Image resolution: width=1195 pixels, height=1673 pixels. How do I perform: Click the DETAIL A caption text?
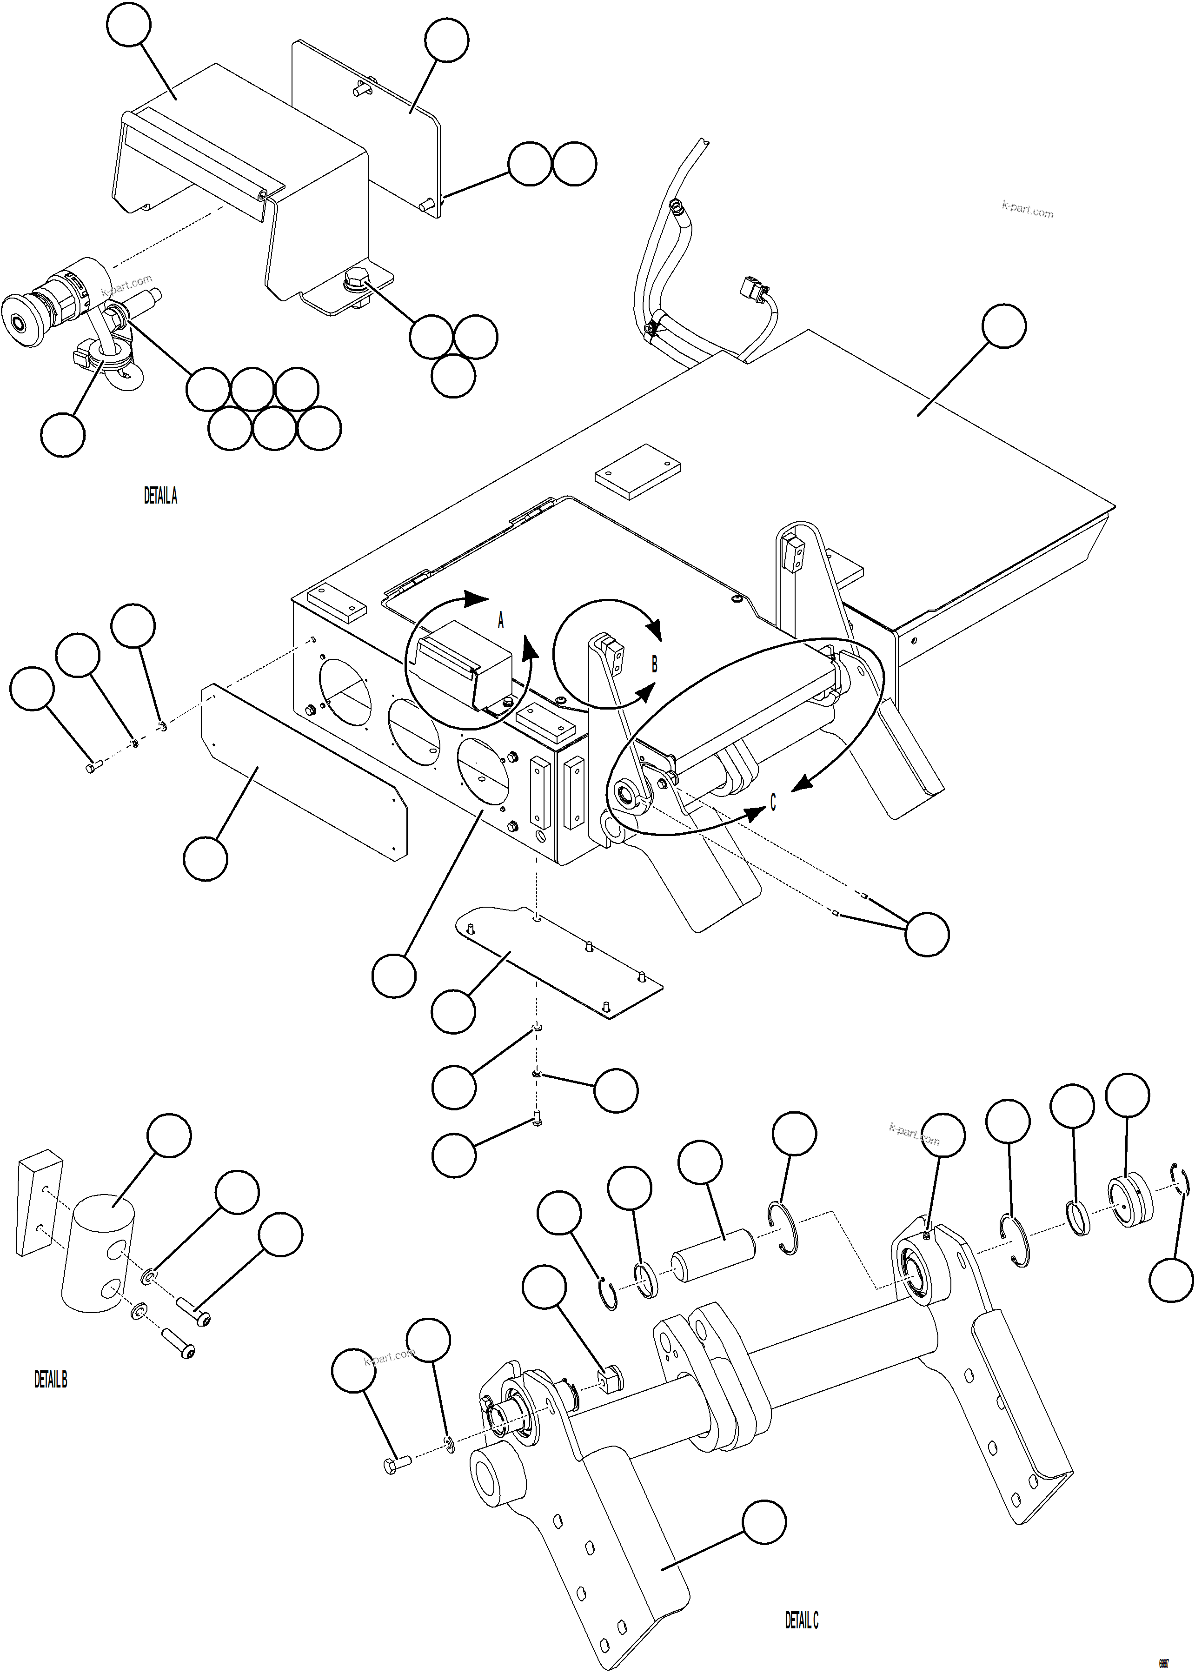[x=160, y=497]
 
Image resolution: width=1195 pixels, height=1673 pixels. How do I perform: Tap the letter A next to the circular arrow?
[x=501, y=621]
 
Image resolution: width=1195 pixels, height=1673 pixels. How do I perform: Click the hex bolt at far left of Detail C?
[x=395, y=1465]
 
